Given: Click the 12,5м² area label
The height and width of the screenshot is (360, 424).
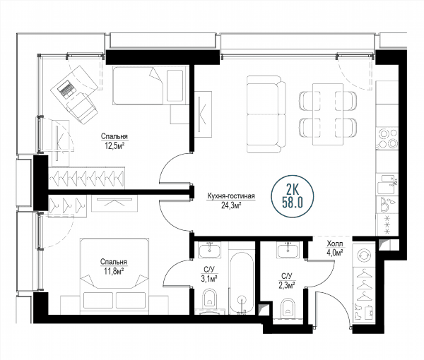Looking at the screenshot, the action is (x=114, y=146).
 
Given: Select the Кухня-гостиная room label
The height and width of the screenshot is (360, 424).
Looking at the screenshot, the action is (x=231, y=196).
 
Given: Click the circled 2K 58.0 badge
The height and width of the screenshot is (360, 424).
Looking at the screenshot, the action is (x=293, y=196).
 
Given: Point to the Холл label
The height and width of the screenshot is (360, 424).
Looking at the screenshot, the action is (x=335, y=244).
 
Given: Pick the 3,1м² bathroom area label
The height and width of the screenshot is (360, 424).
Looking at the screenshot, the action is (x=209, y=278).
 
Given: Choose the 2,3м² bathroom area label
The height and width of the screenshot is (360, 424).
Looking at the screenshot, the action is (x=287, y=285).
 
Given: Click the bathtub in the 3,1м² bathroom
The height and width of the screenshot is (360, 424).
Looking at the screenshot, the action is (x=242, y=283).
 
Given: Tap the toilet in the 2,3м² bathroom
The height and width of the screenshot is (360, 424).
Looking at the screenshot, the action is (x=288, y=307).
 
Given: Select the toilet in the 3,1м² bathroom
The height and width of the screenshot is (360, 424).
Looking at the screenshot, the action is (x=210, y=299).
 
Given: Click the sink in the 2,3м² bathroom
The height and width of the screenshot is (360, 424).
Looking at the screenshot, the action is (x=288, y=249).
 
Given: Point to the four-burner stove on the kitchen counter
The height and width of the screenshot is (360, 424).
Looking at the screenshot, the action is (x=387, y=139).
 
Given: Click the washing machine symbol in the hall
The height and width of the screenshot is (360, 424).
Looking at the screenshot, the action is (x=364, y=256).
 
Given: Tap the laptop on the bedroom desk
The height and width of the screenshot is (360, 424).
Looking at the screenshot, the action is (x=66, y=88).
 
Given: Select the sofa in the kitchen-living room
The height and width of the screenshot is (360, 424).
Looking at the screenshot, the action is (x=266, y=114).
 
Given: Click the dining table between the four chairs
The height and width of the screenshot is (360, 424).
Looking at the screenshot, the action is (x=328, y=114).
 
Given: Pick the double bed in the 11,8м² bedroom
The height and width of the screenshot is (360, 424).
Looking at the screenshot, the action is (x=114, y=276).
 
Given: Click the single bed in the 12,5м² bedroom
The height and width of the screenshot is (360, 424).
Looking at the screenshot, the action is (x=150, y=85).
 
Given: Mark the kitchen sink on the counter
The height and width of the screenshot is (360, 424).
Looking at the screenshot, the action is (x=387, y=184).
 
